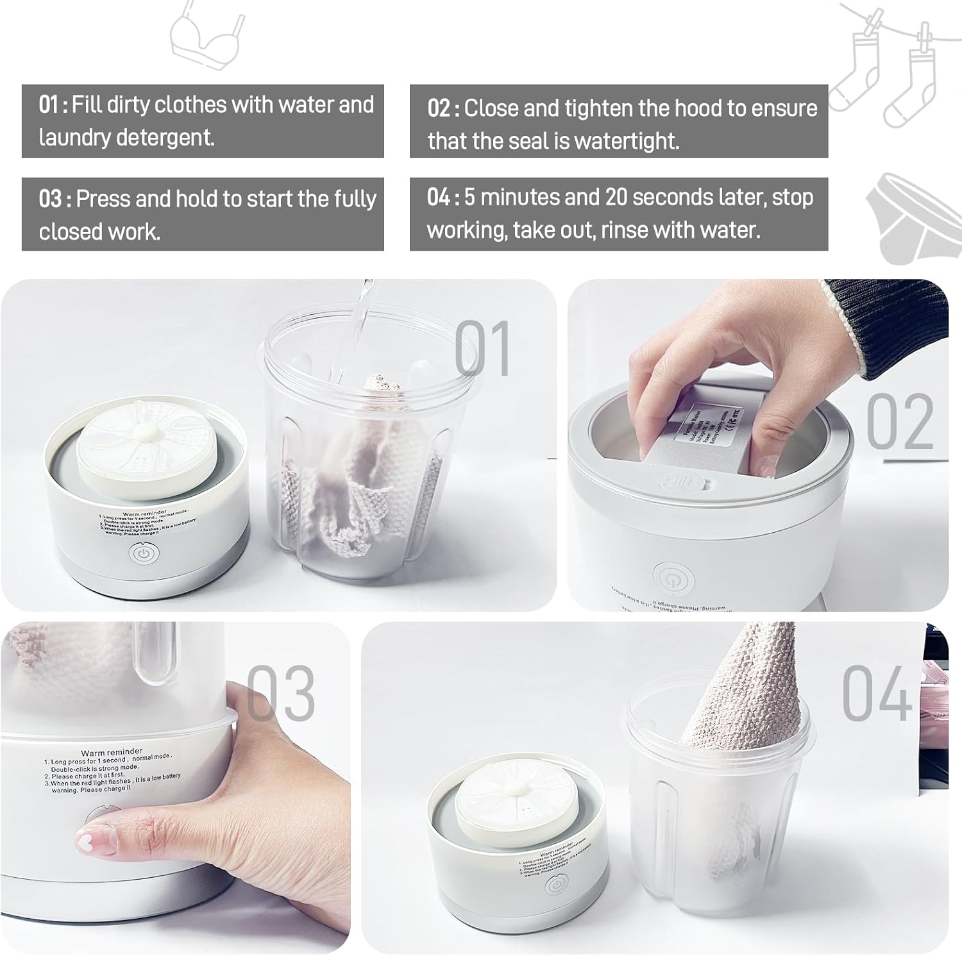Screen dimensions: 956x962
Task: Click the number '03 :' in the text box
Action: tap(54, 199)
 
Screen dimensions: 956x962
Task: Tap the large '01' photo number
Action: tap(483, 349)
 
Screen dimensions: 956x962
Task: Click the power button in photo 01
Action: tap(142, 554)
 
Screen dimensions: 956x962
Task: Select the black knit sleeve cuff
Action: tap(891, 327)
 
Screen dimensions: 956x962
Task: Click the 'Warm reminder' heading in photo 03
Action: tap(112, 752)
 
